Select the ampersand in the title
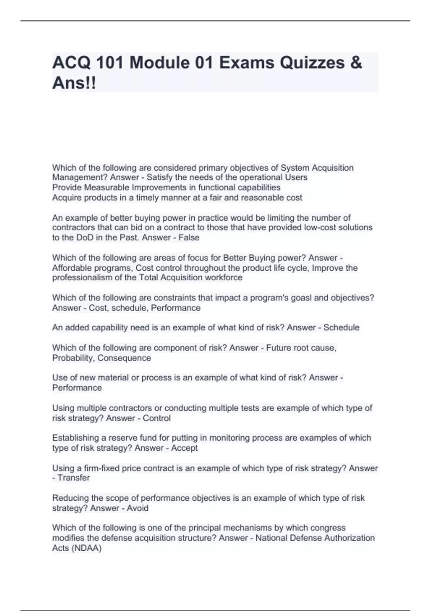coord(356,63)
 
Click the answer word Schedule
coord(341,327)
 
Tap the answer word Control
coord(157,418)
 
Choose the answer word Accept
coord(184,448)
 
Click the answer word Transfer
coord(74,478)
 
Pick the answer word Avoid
coord(138,508)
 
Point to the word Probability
coord(73,358)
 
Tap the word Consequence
coord(124,358)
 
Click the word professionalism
coord(82,277)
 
